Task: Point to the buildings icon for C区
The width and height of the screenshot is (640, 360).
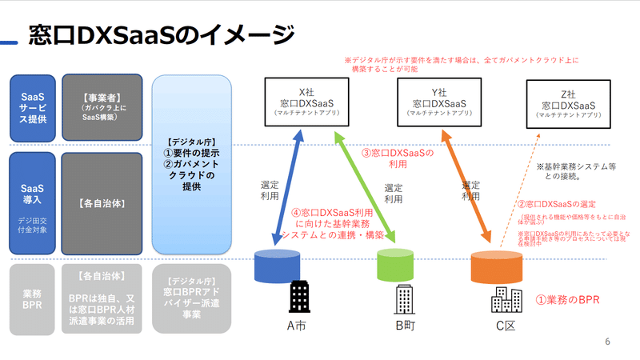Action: (506, 299)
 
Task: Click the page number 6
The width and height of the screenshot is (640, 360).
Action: (607, 342)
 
